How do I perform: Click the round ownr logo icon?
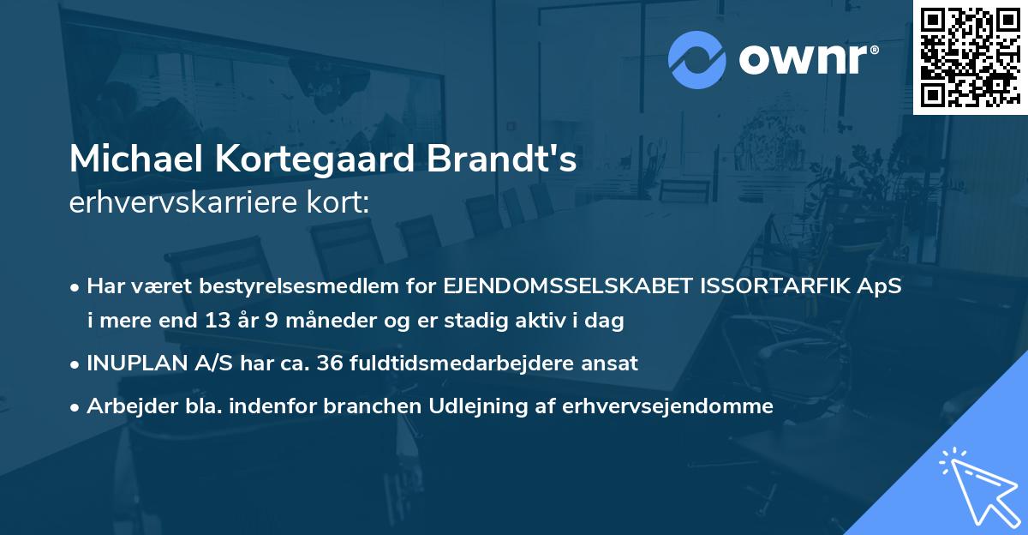tap(697, 58)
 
